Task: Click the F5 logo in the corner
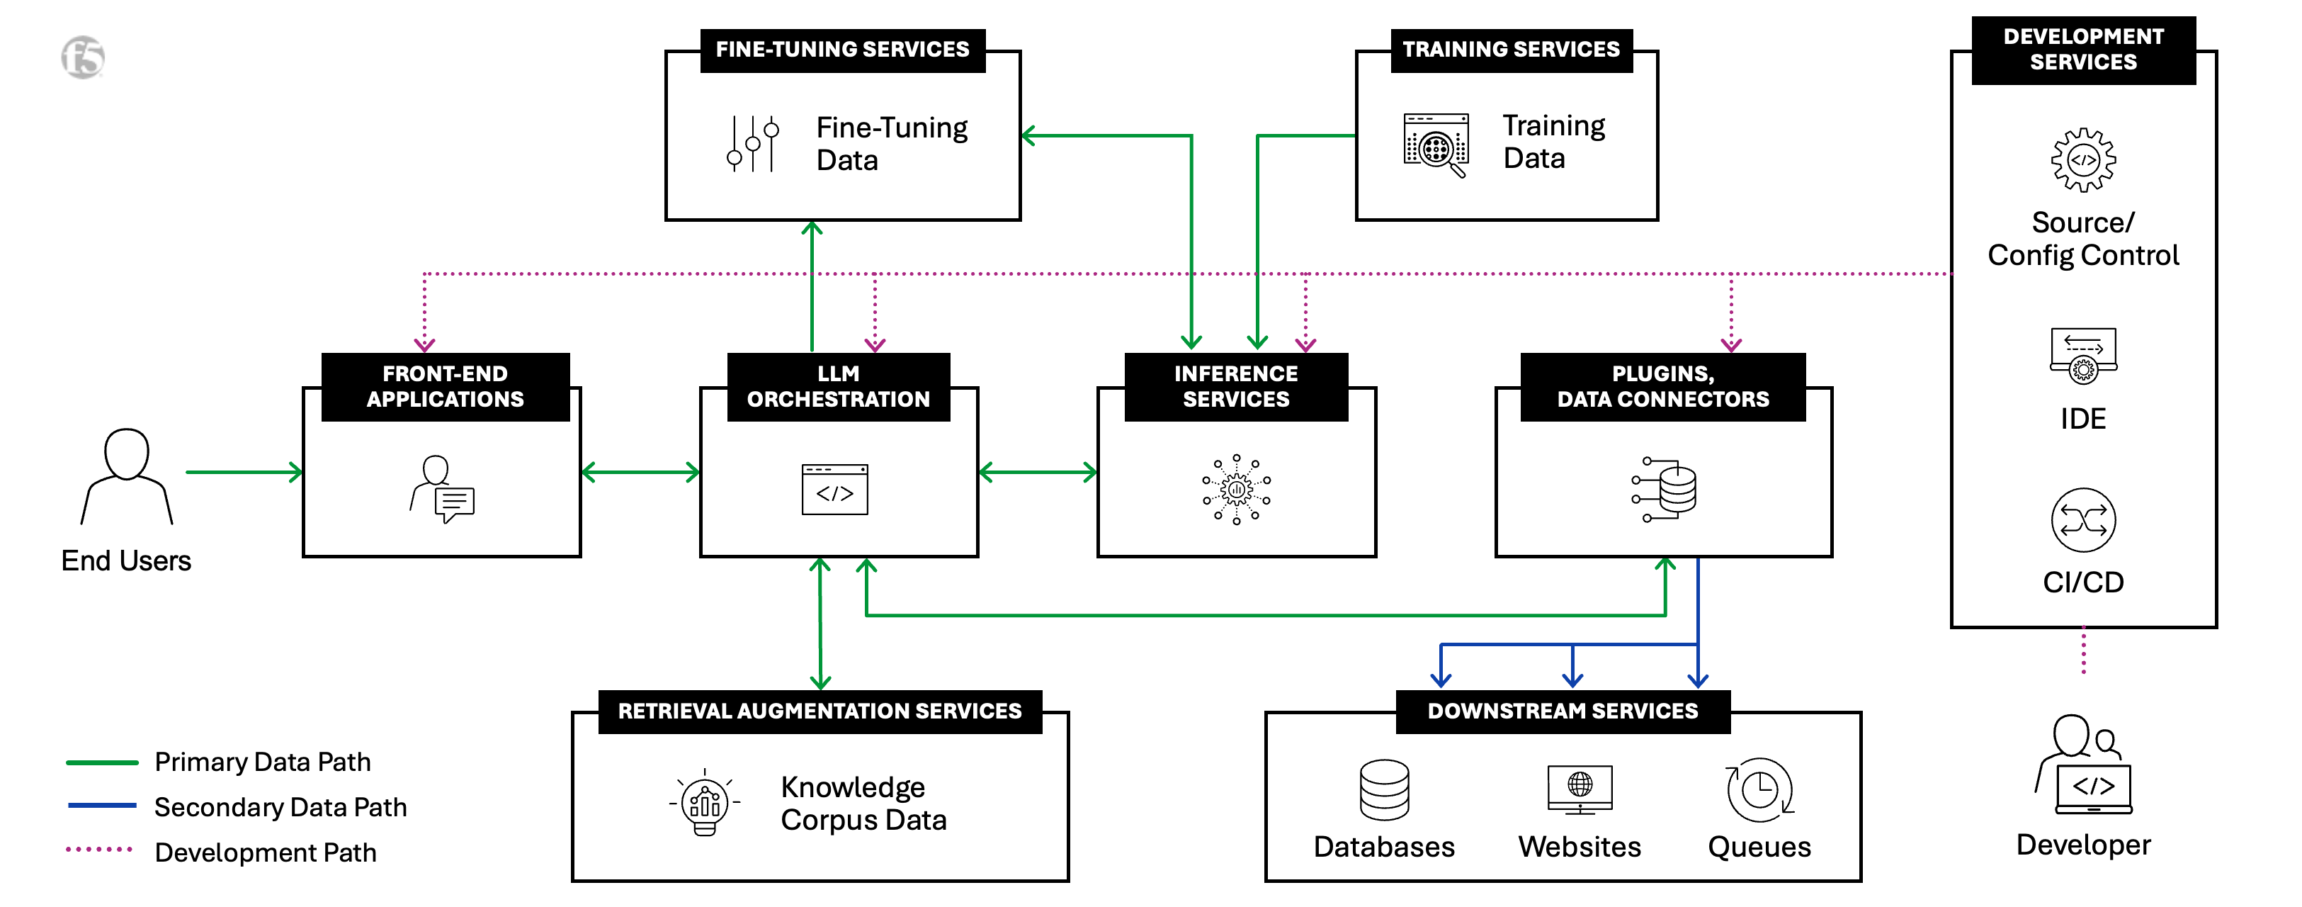pos(83,57)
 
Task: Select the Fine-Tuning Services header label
pos(841,49)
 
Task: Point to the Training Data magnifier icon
pos(1436,145)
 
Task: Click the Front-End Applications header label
pos(445,386)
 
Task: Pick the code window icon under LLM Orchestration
pos(834,490)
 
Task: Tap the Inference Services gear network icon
pos(1236,489)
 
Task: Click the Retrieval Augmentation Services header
pos(820,711)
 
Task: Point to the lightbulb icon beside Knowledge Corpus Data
pos(705,801)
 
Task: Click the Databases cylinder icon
pos(1384,790)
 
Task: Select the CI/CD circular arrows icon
pos(2083,520)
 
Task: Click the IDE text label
pos(2083,418)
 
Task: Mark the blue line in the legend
pos(102,806)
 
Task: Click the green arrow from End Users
pos(244,472)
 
